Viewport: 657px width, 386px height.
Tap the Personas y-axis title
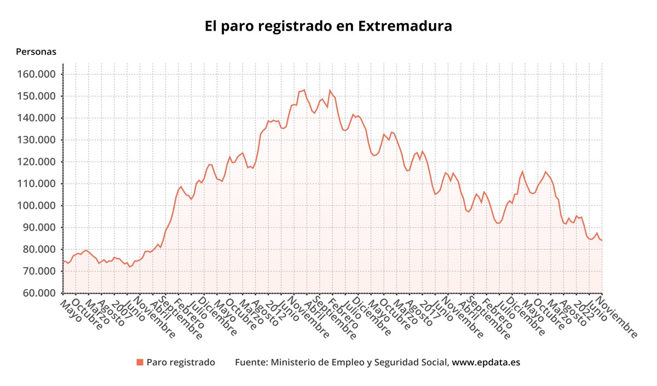pyautogui.click(x=36, y=52)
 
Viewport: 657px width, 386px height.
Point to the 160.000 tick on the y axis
pyautogui.click(x=39, y=74)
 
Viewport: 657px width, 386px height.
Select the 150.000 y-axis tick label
pyautogui.click(x=39, y=96)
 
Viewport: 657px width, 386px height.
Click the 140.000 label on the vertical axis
pyautogui.click(x=39, y=118)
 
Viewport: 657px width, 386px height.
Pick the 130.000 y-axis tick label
pyautogui.click(x=39, y=140)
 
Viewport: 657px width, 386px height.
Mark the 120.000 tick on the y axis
pyautogui.click(x=39, y=162)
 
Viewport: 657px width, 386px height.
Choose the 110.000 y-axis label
pyautogui.click(x=39, y=184)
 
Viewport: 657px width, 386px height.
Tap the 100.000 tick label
pyautogui.click(x=39, y=206)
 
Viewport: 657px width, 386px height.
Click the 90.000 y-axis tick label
pyautogui.click(x=41, y=228)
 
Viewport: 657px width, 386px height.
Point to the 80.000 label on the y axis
pyautogui.click(x=41, y=250)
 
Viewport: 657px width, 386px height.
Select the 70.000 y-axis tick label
pyautogui.click(x=41, y=272)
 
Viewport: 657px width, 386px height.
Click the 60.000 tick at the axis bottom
pyautogui.click(x=41, y=293)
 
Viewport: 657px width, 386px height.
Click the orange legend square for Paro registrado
pyautogui.click(x=140, y=362)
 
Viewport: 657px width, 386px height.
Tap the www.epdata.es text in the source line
pyautogui.click(x=486, y=362)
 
